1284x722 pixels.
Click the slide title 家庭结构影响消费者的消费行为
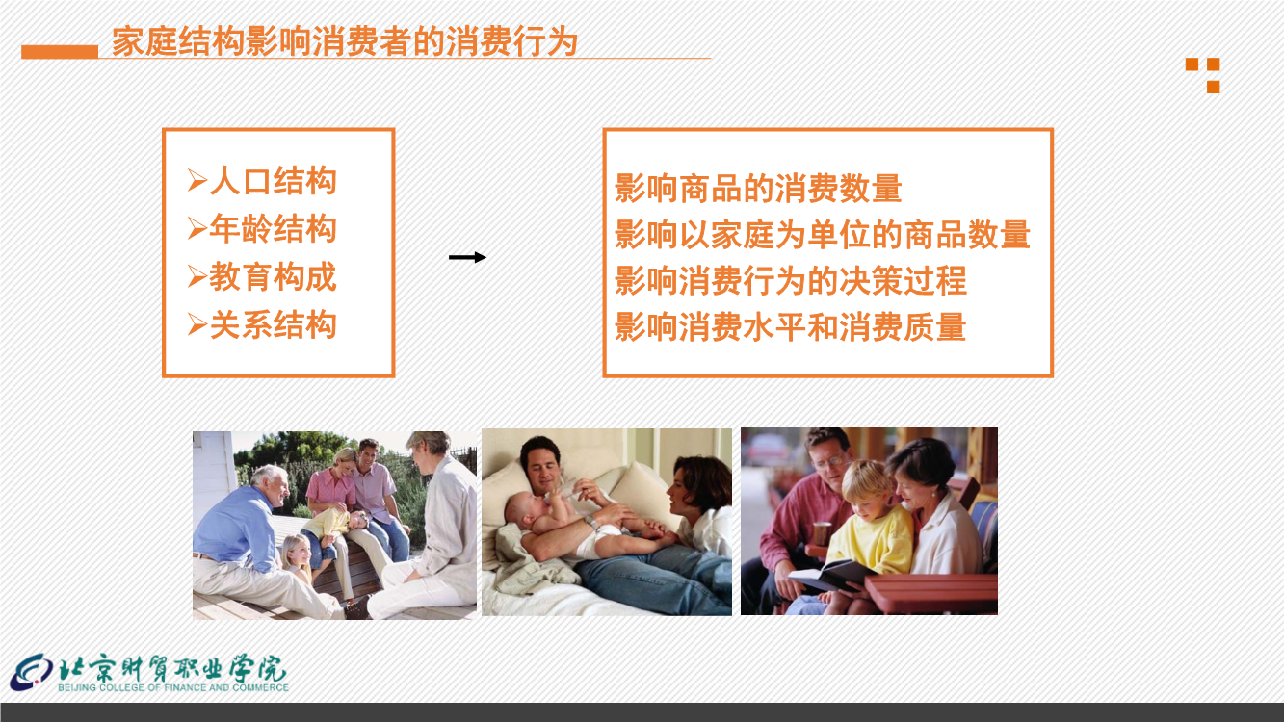click(x=345, y=41)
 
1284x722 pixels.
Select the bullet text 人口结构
click(x=273, y=181)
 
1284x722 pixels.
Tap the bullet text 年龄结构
click(x=273, y=229)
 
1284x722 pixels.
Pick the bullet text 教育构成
click(x=273, y=277)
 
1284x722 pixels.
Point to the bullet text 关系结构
click(x=273, y=325)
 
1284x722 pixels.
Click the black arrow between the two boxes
click(x=467, y=257)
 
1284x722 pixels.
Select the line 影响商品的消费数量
click(x=758, y=189)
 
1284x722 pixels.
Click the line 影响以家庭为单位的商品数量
click(x=823, y=234)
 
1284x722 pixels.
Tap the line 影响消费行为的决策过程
click(x=791, y=281)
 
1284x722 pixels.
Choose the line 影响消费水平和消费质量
click(x=791, y=326)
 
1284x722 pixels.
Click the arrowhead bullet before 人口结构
click(x=197, y=181)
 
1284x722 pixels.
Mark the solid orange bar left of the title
click(x=60, y=52)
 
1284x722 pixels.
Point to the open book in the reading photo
click(x=831, y=575)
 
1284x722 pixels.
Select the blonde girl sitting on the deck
click(x=298, y=558)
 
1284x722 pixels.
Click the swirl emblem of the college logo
click(x=32, y=672)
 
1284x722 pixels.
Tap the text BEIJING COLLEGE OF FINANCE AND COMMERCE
click(x=173, y=687)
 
